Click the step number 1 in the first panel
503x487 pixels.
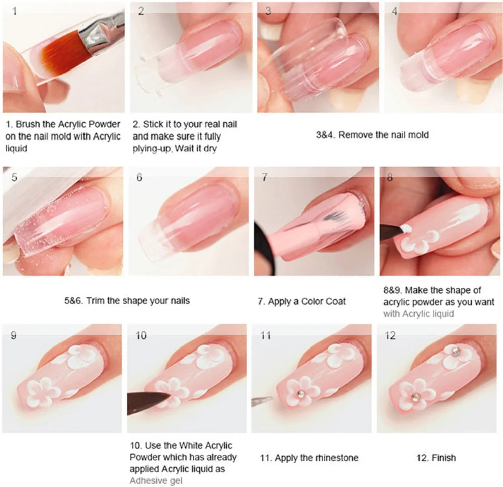[x=15, y=10]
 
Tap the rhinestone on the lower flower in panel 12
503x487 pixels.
[x=415, y=397]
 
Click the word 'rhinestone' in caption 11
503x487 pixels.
[x=337, y=458]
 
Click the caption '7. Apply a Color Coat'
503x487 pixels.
[x=302, y=301]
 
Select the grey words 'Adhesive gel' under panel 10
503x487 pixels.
[x=155, y=481]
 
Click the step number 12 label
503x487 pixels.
[x=390, y=336]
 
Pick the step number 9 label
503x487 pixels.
[x=13, y=336]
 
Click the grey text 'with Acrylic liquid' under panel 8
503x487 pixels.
[x=418, y=314]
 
